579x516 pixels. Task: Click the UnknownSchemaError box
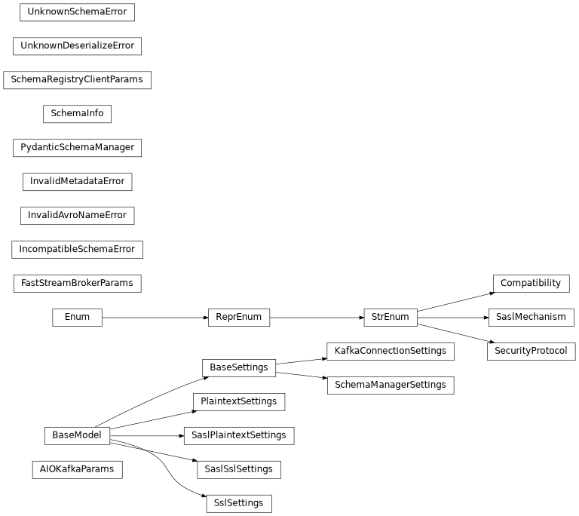coord(77,12)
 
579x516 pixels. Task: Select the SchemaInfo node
coord(77,114)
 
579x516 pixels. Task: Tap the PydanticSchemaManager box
coord(77,148)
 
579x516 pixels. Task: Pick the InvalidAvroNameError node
coord(77,216)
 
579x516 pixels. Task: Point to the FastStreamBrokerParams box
coord(77,284)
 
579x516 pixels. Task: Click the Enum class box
coord(77,318)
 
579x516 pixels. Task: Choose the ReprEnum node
coord(239,318)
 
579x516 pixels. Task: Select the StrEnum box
coord(391,318)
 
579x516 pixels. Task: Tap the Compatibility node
coord(531,284)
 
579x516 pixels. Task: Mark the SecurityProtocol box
coord(531,352)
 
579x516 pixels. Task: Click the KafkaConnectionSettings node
coord(391,352)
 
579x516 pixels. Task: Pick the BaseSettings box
coord(239,368)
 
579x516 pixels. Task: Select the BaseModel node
coord(77,436)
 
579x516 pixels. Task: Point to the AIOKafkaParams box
coord(77,470)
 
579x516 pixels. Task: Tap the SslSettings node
coord(239,504)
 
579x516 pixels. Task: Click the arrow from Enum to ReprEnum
coord(155,318)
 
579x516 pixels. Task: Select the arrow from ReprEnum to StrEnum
coord(317,318)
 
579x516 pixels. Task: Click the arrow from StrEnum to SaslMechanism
coord(453,318)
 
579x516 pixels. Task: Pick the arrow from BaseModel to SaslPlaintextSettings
coord(147,436)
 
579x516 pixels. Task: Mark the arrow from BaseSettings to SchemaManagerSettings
coord(302,375)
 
